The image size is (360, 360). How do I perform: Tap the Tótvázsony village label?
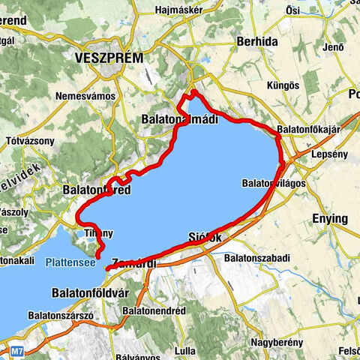29,142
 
